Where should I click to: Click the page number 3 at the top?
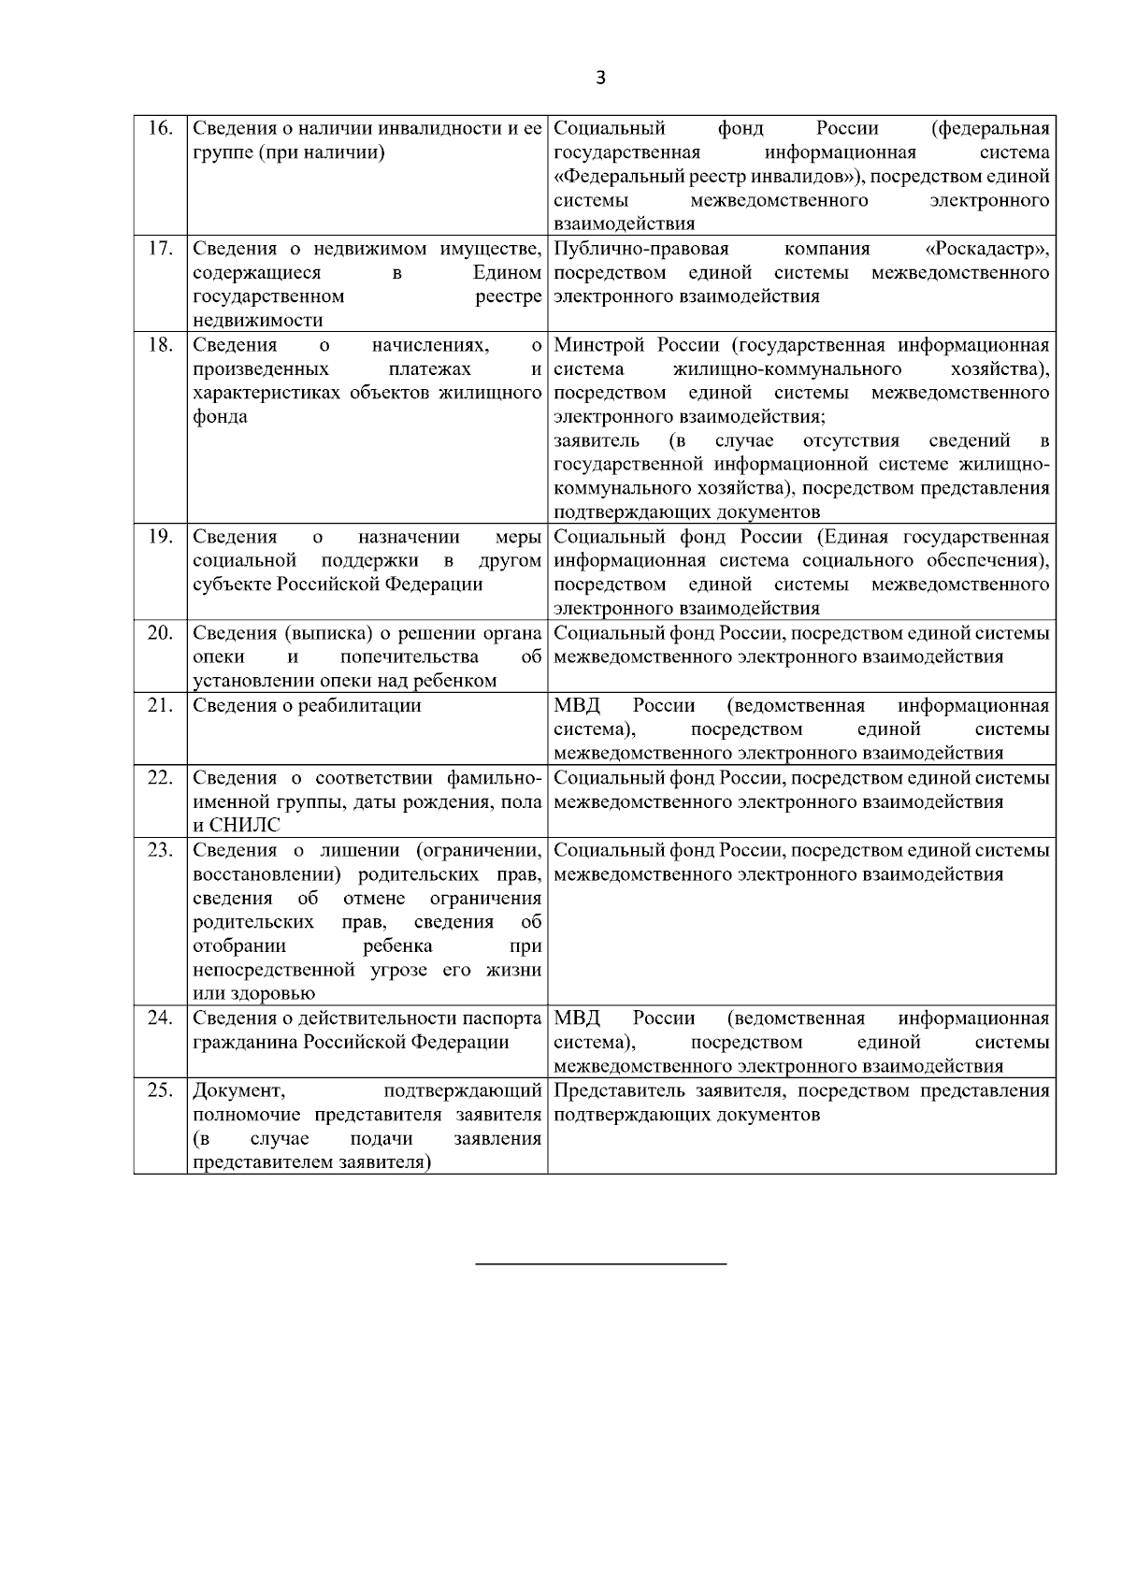[x=600, y=79]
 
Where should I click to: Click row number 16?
[x=161, y=128]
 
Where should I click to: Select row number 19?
[x=161, y=537]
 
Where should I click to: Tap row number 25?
[x=161, y=1090]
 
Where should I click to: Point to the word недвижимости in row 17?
[x=257, y=321]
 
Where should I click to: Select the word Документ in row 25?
[x=238, y=1091]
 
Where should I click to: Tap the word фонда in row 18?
[x=220, y=417]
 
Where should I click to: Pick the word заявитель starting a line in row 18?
[x=597, y=441]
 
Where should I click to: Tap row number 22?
[x=161, y=778]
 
